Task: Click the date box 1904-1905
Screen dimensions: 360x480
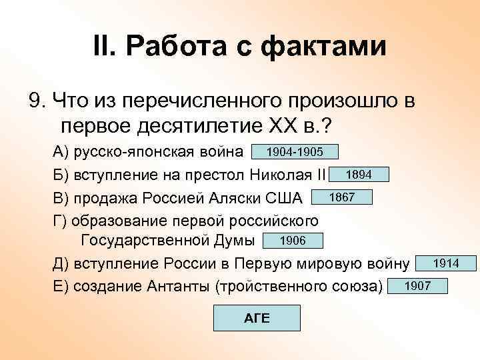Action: point(295,153)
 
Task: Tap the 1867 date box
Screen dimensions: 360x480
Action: point(341,197)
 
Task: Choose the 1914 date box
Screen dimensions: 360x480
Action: point(445,264)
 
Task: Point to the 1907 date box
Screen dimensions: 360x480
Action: point(418,287)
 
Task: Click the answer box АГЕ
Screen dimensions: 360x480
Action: point(256,318)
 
